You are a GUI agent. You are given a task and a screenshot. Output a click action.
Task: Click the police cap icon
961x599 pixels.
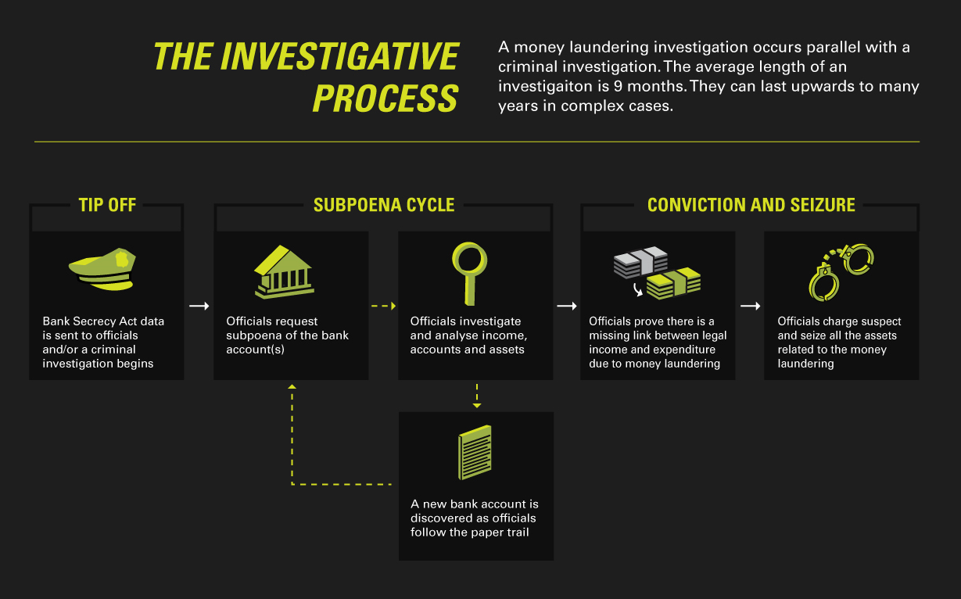pyautogui.click(x=102, y=269)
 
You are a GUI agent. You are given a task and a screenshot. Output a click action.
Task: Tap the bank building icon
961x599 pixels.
pyautogui.click(x=284, y=272)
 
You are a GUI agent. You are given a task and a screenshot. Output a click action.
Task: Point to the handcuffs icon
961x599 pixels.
pyautogui.click(x=841, y=272)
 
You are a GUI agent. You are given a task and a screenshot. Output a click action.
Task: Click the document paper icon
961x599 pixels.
pyautogui.click(x=475, y=452)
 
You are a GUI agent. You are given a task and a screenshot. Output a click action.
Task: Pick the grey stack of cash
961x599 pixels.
pyautogui.click(x=640, y=262)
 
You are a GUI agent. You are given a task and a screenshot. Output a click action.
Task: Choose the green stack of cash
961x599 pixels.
pyautogui.click(x=673, y=284)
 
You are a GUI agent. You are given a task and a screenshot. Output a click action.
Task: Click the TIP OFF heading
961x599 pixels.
pyautogui.click(x=107, y=205)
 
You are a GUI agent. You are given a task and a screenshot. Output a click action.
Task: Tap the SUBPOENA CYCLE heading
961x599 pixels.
pyautogui.click(x=384, y=205)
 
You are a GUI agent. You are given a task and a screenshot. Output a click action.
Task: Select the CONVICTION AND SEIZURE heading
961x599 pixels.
pyautogui.click(x=751, y=205)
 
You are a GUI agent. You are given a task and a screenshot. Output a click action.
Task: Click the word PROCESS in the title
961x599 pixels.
pyautogui.click(x=385, y=99)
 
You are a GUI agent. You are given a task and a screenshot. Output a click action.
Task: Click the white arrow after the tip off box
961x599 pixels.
pyautogui.click(x=199, y=306)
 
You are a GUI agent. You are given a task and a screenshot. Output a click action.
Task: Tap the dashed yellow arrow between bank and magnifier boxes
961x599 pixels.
pyautogui.click(x=384, y=306)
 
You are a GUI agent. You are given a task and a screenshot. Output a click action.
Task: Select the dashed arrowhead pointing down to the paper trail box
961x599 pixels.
pyautogui.click(x=477, y=405)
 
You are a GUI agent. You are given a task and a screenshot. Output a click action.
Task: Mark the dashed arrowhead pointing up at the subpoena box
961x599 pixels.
pyautogui.click(x=292, y=386)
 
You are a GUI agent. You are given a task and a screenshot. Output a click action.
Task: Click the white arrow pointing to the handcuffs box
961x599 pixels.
pyautogui.click(x=751, y=306)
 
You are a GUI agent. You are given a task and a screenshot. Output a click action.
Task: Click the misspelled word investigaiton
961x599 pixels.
pyautogui.click(x=554, y=87)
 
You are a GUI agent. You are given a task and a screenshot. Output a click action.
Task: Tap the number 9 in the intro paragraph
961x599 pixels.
pyautogui.click(x=618, y=86)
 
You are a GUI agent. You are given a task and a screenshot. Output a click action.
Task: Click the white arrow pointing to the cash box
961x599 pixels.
pyautogui.click(x=567, y=306)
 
